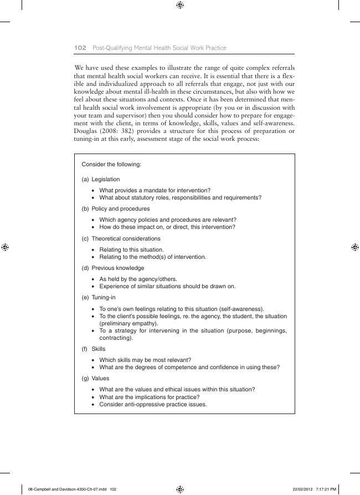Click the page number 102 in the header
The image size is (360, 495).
tap(79, 48)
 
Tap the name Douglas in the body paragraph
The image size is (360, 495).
tap(86, 131)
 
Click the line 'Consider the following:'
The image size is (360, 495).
tap(111, 165)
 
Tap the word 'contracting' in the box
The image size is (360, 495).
tap(114, 338)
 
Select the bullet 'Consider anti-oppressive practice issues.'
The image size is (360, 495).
tap(153, 404)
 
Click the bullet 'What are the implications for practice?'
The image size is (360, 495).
tap(149, 397)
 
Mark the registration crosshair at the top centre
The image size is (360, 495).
tap(180, 5)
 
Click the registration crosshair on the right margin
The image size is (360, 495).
tap(355, 247)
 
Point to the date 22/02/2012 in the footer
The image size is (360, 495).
tap(305, 489)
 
